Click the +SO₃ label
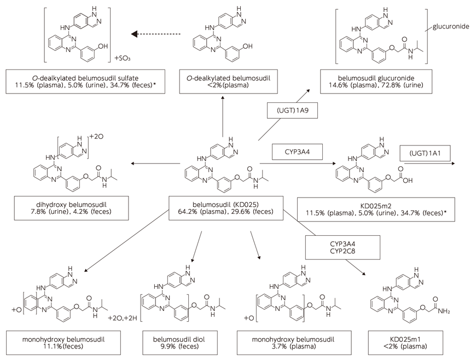click(x=121, y=57)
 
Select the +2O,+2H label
click(x=123, y=318)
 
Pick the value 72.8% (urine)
click(x=406, y=86)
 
